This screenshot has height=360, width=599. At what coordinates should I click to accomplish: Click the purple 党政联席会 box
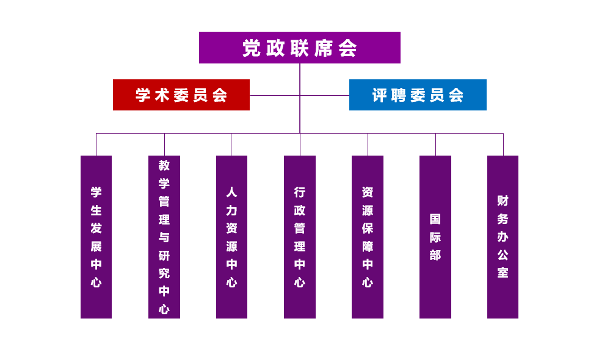pyautogui.click(x=299, y=48)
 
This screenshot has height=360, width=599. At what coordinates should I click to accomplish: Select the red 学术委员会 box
pyautogui.click(x=181, y=95)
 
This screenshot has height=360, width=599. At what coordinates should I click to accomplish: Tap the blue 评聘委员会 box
pyautogui.click(x=418, y=95)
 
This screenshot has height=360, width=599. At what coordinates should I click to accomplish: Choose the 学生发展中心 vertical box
pyautogui.click(x=96, y=237)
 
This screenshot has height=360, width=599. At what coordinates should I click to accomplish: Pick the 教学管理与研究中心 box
pyautogui.click(x=164, y=237)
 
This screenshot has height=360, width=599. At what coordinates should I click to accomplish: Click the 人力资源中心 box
pyautogui.click(x=231, y=237)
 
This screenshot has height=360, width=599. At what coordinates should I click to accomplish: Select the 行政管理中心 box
pyautogui.click(x=300, y=237)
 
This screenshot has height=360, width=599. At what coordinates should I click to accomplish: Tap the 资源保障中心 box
pyautogui.click(x=368, y=237)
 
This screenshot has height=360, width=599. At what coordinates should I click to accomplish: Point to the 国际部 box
pyautogui.click(x=435, y=237)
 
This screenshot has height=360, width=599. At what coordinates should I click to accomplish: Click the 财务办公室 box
pyautogui.click(x=503, y=237)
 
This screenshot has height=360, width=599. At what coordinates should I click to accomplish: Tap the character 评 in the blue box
pyautogui.click(x=380, y=95)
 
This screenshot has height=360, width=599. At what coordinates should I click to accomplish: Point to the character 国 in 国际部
pyautogui.click(x=435, y=219)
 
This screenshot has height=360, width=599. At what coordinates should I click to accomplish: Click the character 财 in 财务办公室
pyautogui.click(x=503, y=201)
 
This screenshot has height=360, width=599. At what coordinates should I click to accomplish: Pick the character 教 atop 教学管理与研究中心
pyautogui.click(x=164, y=165)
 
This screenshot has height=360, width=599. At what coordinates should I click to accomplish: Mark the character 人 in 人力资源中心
pyautogui.click(x=231, y=192)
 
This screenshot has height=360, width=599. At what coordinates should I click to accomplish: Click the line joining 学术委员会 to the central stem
pyautogui.click(x=275, y=95)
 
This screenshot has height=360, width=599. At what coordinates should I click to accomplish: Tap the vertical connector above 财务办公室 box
pyautogui.click(x=503, y=145)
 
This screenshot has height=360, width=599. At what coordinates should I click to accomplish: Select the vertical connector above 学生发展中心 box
pyautogui.click(x=96, y=145)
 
